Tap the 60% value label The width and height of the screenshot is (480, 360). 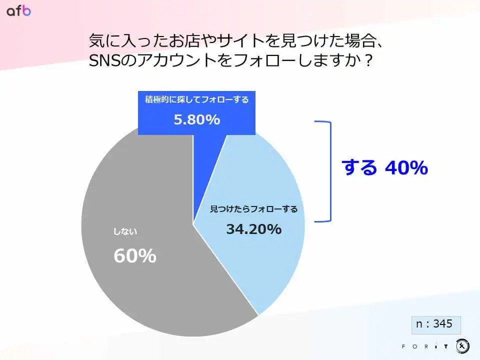(x=135, y=255)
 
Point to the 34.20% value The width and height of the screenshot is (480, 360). (x=254, y=229)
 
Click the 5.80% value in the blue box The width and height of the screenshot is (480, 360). (x=197, y=119)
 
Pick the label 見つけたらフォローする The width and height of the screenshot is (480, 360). (x=254, y=209)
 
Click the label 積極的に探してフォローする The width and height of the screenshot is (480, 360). (x=197, y=99)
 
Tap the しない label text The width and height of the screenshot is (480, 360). (x=125, y=231)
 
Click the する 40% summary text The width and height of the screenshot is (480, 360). (x=385, y=168)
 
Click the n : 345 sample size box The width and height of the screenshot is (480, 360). (x=436, y=325)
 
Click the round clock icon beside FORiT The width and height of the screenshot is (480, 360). (x=462, y=346)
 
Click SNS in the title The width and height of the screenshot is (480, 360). (x=104, y=60)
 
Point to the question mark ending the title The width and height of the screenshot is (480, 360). (x=368, y=60)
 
